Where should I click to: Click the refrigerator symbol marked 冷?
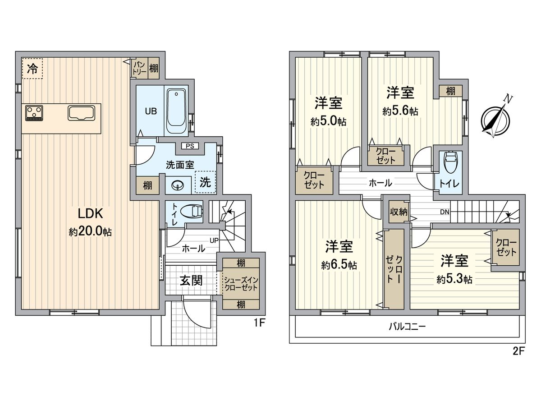pyautogui.click(x=32, y=69)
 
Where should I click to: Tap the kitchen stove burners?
pyautogui.click(x=34, y=113)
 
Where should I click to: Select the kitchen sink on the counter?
pyautogui.click(x=81, y=113)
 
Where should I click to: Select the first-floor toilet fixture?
pyautogui.click(x=192, y=211)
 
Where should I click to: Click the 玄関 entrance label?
pyautogui.click(x=191, y=281)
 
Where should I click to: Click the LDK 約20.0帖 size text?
pyautogui.click(x=90, y=232)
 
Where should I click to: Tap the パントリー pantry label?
pyautogui.click(x=138, y=69)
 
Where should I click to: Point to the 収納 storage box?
pyautogui.click(x=399, y=212)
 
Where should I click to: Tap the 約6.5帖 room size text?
pyautogui.click(x=339, y=265)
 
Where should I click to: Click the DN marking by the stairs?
pyautogui.click(x=444, y=212)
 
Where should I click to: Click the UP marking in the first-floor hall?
pyautogui.click(x=213, y=240)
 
